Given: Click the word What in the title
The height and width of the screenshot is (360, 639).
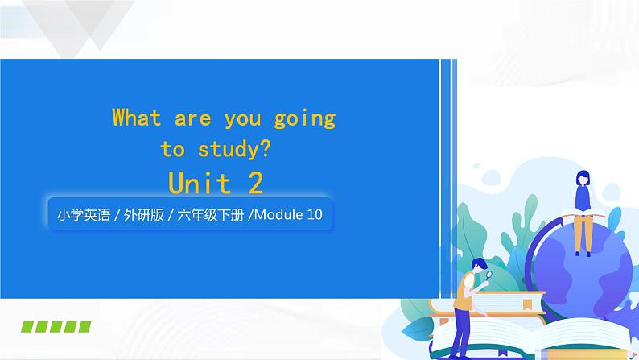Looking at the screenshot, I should click(137, 118).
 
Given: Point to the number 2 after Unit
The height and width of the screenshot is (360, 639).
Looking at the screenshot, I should click(256, 183).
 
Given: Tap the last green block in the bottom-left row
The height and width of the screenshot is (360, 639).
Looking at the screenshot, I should click(84, 326).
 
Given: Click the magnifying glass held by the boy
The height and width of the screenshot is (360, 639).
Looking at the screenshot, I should click(489, 275).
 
